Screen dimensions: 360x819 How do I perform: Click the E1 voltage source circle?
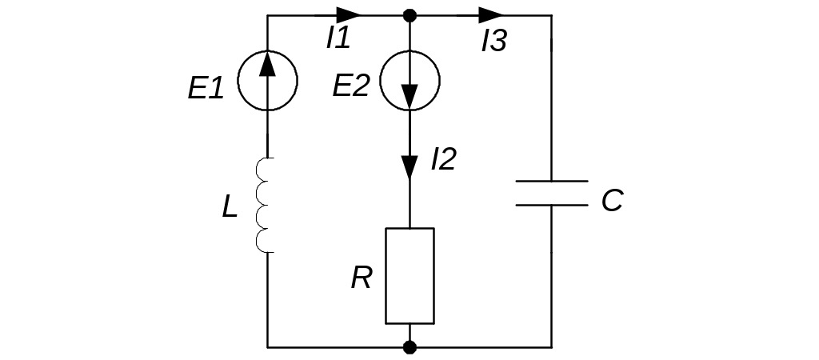pyautogui.click(x=268, y=80)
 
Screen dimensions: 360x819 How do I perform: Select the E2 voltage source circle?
pyautogui.click(x=409, y=80)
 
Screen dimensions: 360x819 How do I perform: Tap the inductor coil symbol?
pyautogui.click(x=264, y=206)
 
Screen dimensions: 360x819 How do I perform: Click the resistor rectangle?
pyautogui.click(x=409, y=276)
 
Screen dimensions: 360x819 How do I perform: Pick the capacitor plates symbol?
pyautogui.click(x=551, y=193)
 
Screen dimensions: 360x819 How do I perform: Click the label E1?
pyautogui.click(x=206, y=88)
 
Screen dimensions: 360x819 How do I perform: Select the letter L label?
pyautogui.click(x=230, y=208)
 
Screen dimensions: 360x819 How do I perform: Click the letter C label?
pyautogui.click(x=612, y=201)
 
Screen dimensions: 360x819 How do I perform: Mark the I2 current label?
pyautogui.click(x=442, y=159)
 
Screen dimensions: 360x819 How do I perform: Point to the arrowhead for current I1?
pyautogui.click(x=348, y=15)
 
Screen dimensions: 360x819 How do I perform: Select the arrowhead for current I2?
pyautogui.click(x=409, y=166)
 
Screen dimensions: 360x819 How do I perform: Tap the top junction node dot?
pyautogui.click(x=409, y=15)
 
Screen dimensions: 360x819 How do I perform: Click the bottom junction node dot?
pyautogui.click(x=409, y=347)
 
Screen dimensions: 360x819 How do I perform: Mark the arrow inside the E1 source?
pyautogui.click(x=268, y=66)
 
